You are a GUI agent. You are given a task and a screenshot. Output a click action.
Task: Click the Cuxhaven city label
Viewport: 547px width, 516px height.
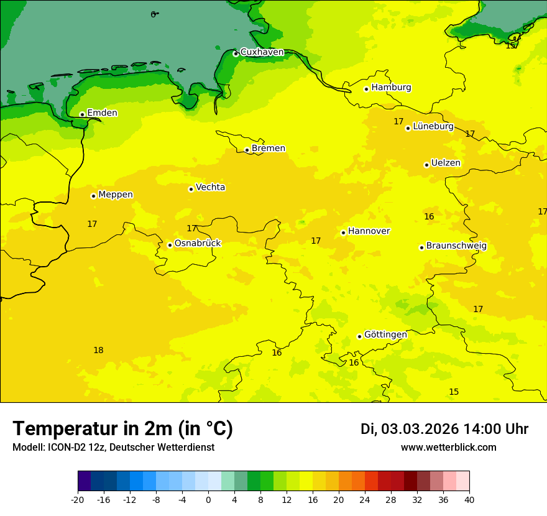[x=262, y=52]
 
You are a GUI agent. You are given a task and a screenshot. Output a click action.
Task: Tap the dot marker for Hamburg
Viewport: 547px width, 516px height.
[x=366, y=89]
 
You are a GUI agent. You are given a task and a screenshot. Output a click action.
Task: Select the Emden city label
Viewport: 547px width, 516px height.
[x=102, y=113]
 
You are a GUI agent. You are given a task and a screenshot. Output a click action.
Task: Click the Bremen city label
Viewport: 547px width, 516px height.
[x=269, y=149]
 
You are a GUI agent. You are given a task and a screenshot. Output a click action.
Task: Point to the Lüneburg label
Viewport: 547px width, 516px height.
[x=433, y=127]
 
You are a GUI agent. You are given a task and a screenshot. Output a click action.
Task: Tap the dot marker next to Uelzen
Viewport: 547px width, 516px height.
[x=426, y=165]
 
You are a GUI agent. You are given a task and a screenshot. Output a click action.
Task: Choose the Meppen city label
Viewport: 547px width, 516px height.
[x=116, y=195]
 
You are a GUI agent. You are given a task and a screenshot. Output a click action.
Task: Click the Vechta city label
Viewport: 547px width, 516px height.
[x=211, y=187]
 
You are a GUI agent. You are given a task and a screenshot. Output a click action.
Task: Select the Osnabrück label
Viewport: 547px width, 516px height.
[x=198, y=244]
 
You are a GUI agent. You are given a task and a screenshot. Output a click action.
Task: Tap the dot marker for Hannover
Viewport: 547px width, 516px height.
[x=343, y=233]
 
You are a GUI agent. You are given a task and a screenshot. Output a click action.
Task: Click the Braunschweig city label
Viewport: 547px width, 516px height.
[x=456, y=246]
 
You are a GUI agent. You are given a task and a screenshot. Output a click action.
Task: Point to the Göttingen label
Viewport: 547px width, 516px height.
[x=385, y=335]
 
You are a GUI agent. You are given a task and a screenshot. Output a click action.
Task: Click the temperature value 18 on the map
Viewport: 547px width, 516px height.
[x=98, y=351]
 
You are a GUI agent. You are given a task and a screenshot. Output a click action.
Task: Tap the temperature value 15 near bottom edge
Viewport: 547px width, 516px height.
[x=454, y=392]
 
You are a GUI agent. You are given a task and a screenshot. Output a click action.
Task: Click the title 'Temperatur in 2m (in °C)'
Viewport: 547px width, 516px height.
[x=122, y=429]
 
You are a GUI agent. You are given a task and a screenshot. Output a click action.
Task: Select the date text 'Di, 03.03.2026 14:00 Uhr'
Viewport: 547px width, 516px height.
[x=444, y=430]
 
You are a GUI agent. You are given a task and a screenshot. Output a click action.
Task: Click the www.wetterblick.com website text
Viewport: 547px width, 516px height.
[x=448, y=448]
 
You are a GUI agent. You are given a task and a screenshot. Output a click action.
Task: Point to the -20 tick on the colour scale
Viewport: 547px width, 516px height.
[x=78, y=500]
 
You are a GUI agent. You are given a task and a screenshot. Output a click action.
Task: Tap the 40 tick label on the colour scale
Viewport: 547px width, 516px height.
[x=469, y=500]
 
